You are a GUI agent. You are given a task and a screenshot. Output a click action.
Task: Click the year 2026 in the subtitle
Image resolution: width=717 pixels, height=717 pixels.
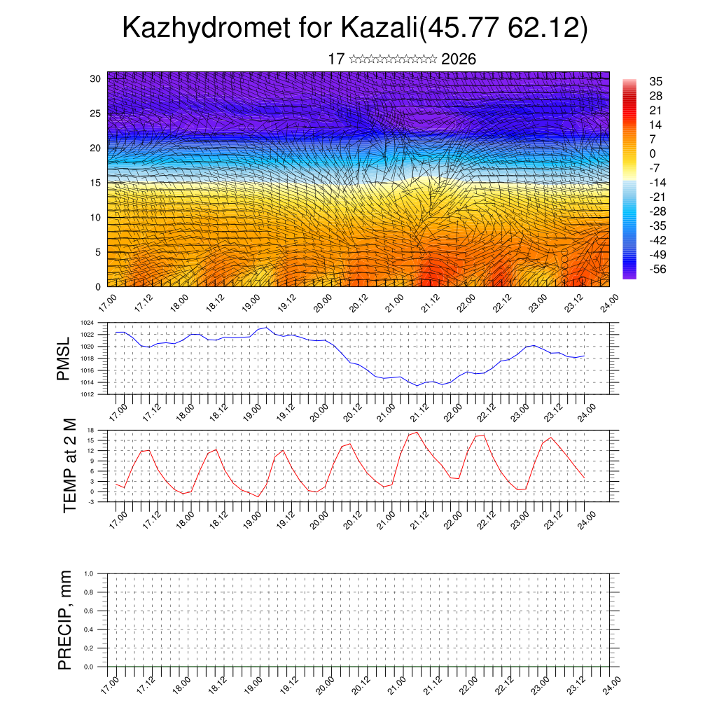(459, 60)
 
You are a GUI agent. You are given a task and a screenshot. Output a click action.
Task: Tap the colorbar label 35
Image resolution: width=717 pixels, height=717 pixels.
(656, 82)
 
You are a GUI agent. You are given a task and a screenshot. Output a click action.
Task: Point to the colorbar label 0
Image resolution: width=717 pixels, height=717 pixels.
(653, 153)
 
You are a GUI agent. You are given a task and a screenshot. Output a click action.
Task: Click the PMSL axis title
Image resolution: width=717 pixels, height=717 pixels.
(64, 358)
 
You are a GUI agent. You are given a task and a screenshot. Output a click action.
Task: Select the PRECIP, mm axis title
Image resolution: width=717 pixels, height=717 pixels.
(65, 620)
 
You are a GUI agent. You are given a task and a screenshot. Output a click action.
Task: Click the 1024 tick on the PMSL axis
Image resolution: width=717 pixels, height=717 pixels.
(87, 323)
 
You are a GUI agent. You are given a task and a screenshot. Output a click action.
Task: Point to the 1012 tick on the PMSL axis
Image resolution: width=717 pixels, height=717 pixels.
(87, 394)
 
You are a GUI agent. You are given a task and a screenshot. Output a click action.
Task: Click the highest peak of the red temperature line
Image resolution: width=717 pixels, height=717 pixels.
(417, 432)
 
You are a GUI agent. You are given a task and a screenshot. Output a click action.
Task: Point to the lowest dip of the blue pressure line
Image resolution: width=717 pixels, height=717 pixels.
(417, 386)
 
